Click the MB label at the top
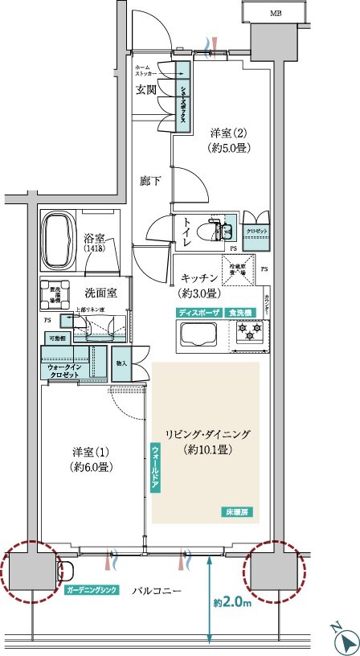[275, 14]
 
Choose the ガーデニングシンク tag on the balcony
[93, 590]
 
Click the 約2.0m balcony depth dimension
[233, 600]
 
